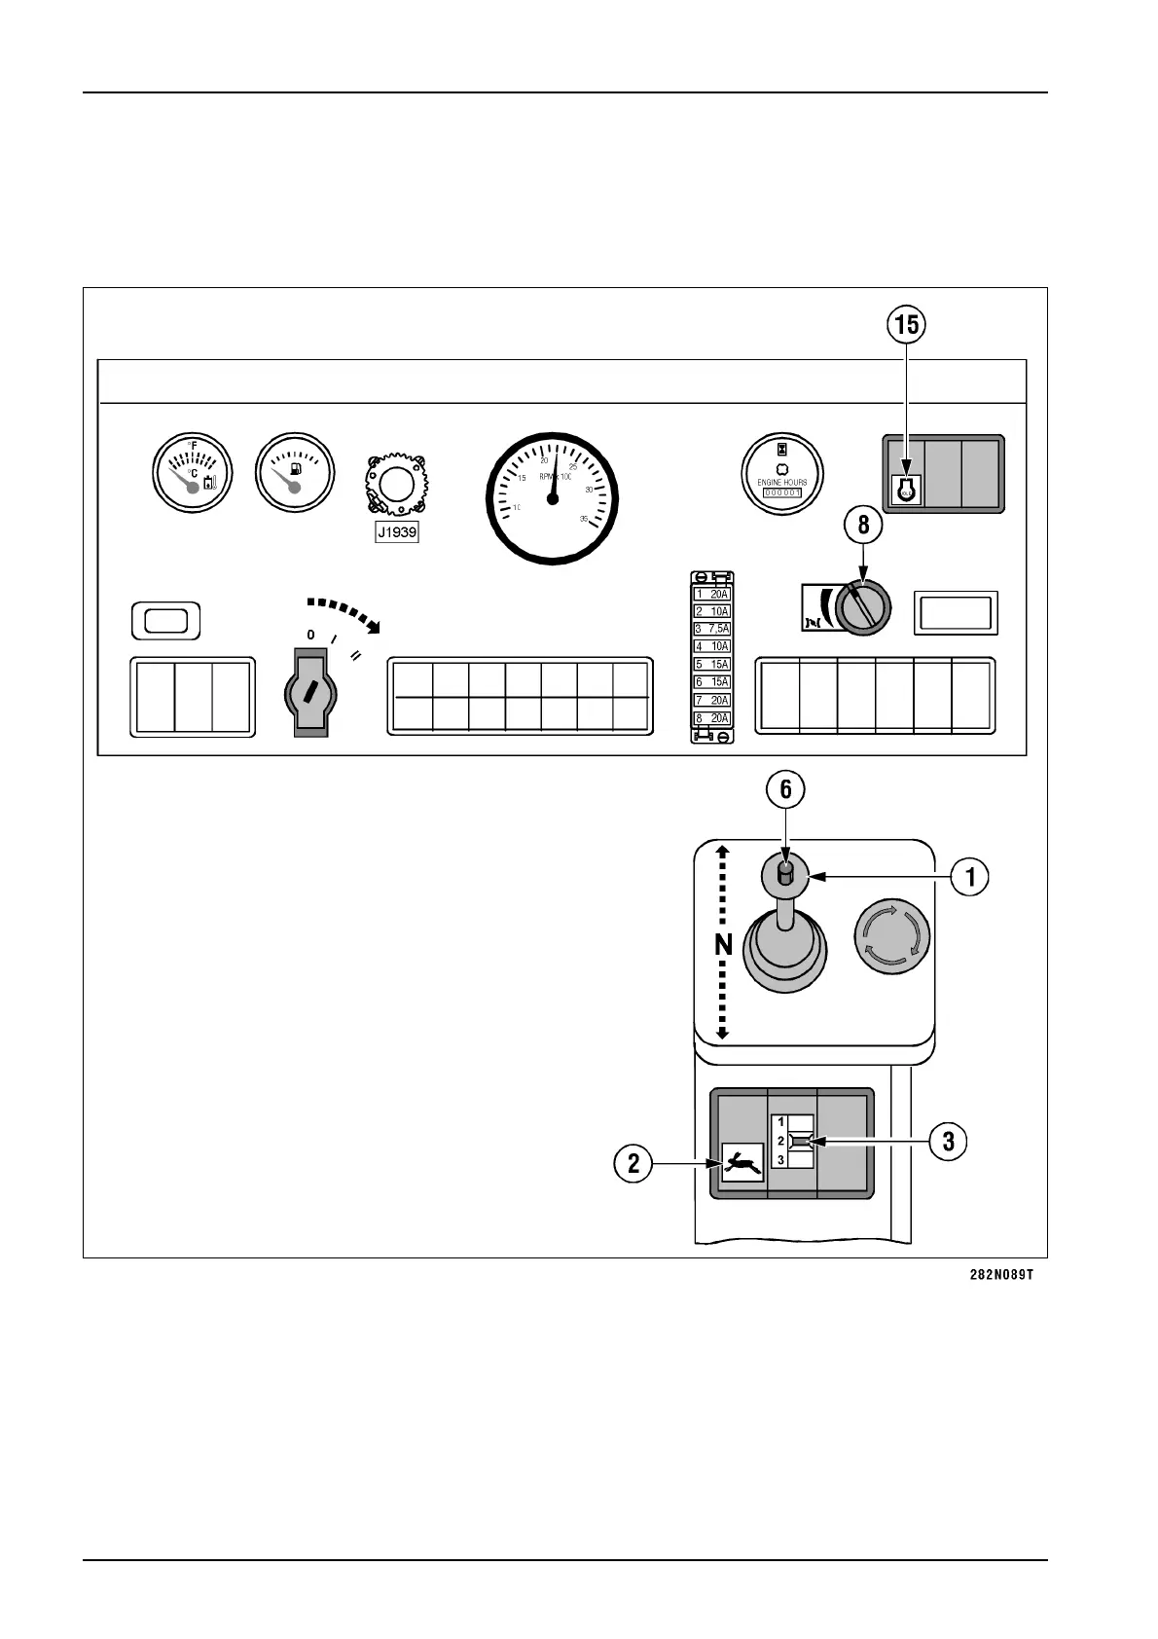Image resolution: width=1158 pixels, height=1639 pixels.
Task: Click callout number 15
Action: (906, 326)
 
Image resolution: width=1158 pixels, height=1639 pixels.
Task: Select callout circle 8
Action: (863, 526)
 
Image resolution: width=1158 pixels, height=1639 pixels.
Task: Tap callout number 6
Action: (786, 790)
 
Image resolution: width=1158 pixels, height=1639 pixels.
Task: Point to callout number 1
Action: (970, 878)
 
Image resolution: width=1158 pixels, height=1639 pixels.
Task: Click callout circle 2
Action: (633, 1163)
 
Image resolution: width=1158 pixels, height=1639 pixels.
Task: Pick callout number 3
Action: (949, 1141)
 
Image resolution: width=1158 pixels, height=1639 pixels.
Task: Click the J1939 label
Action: (397, 533)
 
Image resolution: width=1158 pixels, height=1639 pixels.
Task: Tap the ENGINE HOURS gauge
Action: (782, 472)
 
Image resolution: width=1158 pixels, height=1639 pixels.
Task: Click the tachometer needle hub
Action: (553, 498)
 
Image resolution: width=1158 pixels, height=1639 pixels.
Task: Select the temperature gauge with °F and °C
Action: (193, 472)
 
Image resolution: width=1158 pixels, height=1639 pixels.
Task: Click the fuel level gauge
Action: (294, 472)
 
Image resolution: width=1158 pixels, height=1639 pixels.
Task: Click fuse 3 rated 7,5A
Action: (711, 629)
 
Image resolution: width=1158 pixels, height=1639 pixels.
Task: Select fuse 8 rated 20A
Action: (711, 718)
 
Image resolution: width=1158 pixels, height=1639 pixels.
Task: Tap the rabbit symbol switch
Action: (742, 1163)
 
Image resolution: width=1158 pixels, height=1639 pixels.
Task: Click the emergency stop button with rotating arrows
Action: (891, 934)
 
